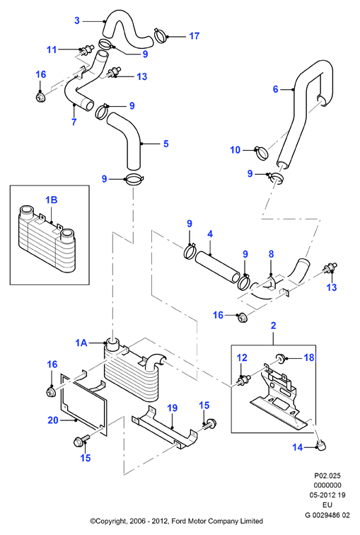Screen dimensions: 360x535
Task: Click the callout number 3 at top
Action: tap(77, 21)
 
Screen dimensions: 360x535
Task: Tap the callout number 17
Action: tap(194, 36)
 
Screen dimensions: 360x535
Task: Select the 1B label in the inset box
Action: tap(52, 200)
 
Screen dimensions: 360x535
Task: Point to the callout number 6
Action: tap(275, 89)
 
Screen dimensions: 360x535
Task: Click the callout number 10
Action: tap(236, 150)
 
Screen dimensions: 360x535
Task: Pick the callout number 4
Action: tap(210, 234)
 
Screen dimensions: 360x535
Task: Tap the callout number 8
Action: tap(271, 254)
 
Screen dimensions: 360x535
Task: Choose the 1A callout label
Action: tap(81, 343)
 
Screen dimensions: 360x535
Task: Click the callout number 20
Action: tap(53, 420)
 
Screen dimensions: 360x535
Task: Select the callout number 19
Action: tap(173, 408)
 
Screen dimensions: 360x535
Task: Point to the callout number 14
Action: tap(298, 447)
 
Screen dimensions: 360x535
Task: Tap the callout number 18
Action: tap(309, 357)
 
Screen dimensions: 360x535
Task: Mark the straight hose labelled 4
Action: tap(218, 267)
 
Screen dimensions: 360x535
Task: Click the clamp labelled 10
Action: tap(262, 153)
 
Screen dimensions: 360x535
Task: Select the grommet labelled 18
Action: tap(281, 358)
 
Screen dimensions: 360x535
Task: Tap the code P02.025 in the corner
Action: tap(327, 476)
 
